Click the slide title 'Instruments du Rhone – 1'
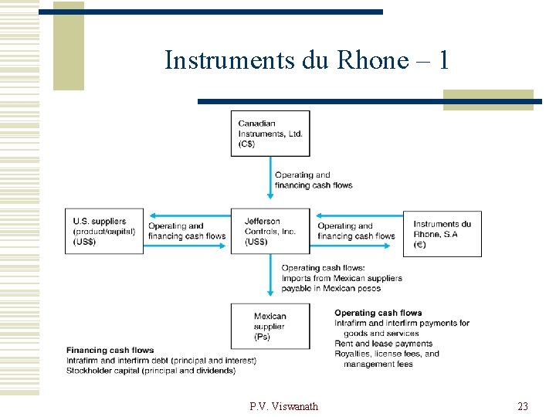coord(307,60)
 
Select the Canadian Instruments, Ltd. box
coord(270,134)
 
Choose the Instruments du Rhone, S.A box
coord(442,233)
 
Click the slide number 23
coord(523,406)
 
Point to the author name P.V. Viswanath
coord(283,406)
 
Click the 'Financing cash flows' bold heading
coord(110,351)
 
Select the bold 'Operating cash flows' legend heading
coord(378,313)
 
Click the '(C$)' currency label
coord(248,144)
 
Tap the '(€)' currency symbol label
coord(419,245)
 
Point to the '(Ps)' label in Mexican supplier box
coord(263,337)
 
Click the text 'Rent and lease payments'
coord(383,344)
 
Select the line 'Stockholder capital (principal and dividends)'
coord(151,371)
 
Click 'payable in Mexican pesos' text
coord(331,288)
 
